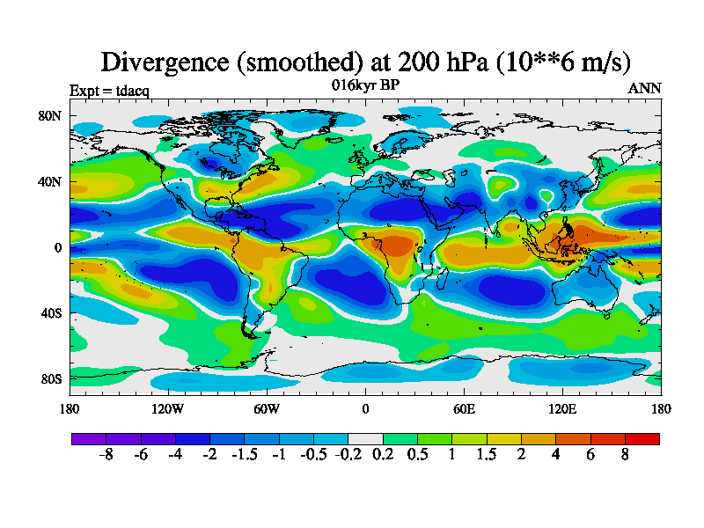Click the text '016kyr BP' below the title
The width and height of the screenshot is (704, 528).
[x=365, y=85]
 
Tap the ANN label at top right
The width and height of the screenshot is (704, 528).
[x=644, y=88]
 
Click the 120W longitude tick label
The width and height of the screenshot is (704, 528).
[x=168, y=408]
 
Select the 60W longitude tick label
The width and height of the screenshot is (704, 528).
[x=267, y=408]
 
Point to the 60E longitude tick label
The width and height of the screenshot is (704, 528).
[x=464, y=408]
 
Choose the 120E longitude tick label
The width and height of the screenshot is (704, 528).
[x=562, y=408]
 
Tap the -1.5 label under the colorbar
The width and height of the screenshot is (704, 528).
[x=245, y=457]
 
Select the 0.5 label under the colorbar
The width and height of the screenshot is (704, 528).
[x=417, y=457]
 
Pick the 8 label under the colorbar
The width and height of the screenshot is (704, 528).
[x=625, y=457]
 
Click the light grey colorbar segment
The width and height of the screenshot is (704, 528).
[x=365, y=437]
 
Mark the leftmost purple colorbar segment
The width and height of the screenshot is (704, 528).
[x=88, y=437]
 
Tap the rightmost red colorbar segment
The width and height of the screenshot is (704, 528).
[x=642, y=437]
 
